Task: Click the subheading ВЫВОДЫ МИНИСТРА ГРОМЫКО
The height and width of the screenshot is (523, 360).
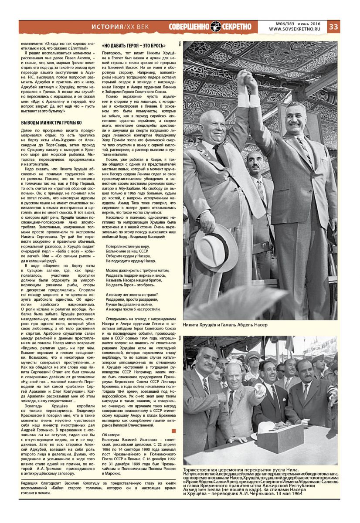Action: pyautogui.click(x=51, y=123)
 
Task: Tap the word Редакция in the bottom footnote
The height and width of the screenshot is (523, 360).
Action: pyautogui.click(x=31, y=483)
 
